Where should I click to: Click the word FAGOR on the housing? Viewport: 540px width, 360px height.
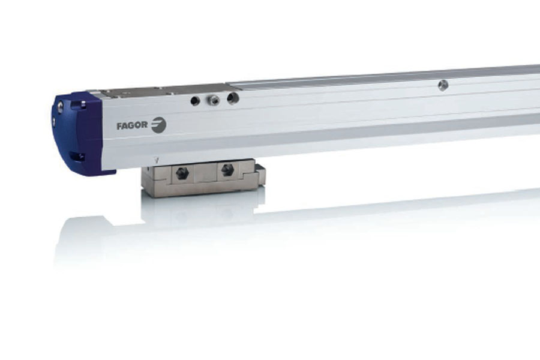(x=132, y=126)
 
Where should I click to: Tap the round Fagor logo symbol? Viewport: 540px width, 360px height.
(x=159, y=124)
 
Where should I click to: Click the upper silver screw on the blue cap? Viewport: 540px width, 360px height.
(x=61, y=104)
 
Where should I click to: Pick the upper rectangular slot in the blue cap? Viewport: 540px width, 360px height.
(x=83, y=103)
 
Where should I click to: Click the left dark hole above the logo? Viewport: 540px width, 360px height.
(x=195, y=101)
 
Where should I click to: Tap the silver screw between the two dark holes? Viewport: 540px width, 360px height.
(x=213, y=100)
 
